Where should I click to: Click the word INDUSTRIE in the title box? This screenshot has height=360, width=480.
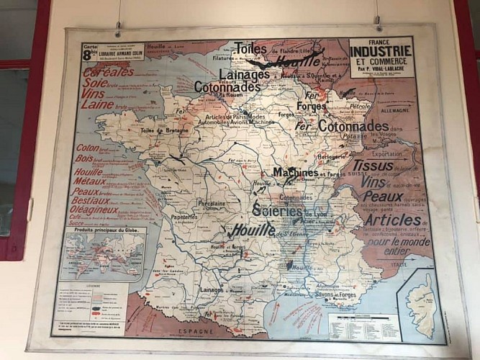[x=381, y=50]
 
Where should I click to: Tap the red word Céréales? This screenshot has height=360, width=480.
[x=108, y=72]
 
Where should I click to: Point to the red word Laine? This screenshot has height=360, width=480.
[x=98, y=104]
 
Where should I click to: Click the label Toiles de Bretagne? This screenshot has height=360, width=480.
[x=164, y=130]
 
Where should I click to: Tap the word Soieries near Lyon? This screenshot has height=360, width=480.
[x=278, y=210]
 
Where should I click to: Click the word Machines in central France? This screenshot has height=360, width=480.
[x=295, y=173]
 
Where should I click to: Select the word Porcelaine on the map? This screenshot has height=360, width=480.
[x=213, y=204]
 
